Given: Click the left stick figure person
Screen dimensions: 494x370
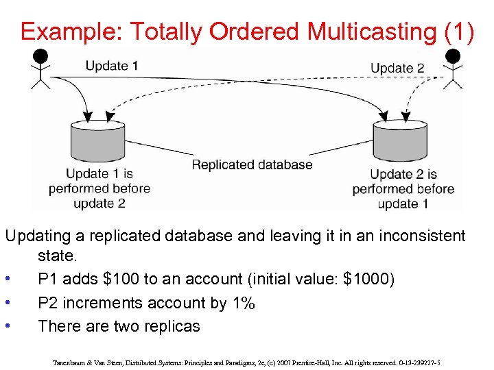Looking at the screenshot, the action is click(x=41, y=69).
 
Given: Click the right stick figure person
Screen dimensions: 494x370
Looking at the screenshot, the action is click(x=451, y=69).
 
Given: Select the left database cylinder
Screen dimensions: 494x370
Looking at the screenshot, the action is click(x=97, y=143).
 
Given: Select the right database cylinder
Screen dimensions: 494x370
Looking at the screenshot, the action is click(x=400, y=143).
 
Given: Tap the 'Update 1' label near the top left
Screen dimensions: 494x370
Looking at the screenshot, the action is click(x=111, y=66).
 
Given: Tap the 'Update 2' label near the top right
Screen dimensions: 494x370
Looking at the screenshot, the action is click(x=397, y=68).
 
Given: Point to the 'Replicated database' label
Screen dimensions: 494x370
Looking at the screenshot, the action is click(x=252, y=164).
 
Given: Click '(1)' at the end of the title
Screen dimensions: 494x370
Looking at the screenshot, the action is click(x=459, y=32).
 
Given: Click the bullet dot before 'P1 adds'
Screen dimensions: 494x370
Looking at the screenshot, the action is click(x=7, y=280).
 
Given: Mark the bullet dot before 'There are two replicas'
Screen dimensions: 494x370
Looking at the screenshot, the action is click(x=7, y=326).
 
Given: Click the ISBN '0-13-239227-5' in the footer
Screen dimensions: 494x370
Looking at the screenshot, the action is click(x=421, y=361).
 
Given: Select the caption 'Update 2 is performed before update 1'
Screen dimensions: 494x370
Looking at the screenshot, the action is click(x=403, y=189).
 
